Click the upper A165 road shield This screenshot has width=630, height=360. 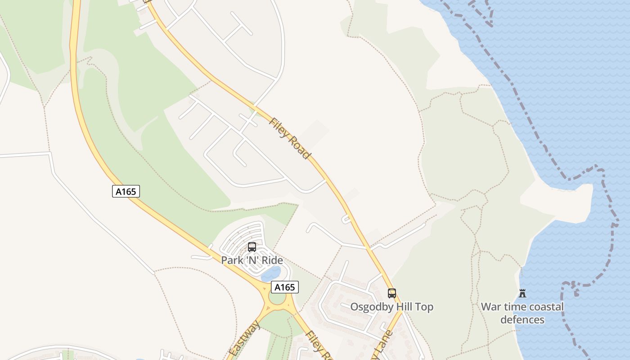126,191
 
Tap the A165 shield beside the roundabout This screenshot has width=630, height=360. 285,287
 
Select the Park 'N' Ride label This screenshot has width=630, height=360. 252,260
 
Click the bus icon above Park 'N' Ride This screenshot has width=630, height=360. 252,247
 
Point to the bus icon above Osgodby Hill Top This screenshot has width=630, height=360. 392,293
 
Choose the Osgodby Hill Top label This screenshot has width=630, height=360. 392,307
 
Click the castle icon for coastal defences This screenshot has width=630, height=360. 522,293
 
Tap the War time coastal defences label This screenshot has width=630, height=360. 522,313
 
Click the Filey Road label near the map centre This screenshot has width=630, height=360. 290,138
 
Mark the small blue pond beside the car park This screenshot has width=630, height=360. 271,273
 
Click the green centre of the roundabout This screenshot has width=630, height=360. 278,298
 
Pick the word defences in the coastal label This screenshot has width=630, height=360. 522,320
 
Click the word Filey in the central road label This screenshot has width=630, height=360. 279,128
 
